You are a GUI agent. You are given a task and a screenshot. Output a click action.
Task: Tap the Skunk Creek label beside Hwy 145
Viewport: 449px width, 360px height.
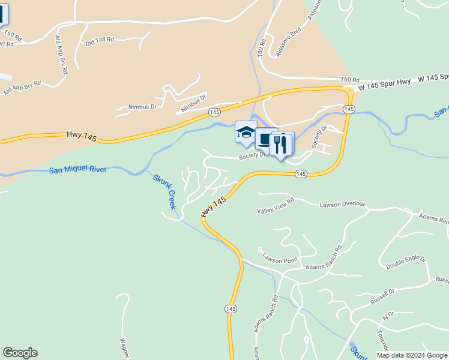tap(164, 191)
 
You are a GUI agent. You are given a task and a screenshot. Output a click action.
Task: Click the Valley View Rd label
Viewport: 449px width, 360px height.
tap(276, 207)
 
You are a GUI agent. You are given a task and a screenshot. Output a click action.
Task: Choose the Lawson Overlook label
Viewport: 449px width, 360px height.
tap(342, 205)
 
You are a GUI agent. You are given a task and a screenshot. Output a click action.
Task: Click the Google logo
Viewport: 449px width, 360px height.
tap(20, 353)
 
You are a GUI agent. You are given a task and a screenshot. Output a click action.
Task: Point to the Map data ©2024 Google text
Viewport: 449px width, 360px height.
tap(411, 355)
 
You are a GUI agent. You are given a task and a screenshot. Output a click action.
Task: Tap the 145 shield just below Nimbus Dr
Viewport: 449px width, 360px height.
tap(214, 112)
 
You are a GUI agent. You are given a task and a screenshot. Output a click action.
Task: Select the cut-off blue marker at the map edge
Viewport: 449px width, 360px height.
tap(4, 14)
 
